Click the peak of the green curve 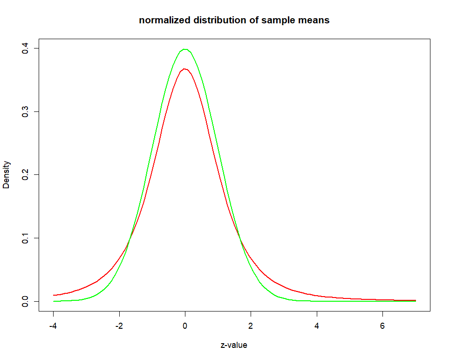tap(185, 49)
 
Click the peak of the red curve tap(185, 69)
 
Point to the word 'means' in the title tap(314, 20)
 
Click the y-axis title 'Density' tap(7, 175)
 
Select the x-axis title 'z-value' tap(234, 346)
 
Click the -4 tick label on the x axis tap(53, 325)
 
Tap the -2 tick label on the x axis tap(119, 325)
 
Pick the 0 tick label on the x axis tap(185, 325)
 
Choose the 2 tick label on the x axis tap(251, 325)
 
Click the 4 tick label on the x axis tap(317, 325)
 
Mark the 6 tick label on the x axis tap(382, 325)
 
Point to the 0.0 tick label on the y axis tap(26, 301)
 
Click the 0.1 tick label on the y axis tap(26, 238)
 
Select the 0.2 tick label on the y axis tap(26, 175)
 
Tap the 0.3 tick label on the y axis tap(26, 111)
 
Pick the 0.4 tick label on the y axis tap(26, 48)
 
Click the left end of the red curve tap(54, 295)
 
